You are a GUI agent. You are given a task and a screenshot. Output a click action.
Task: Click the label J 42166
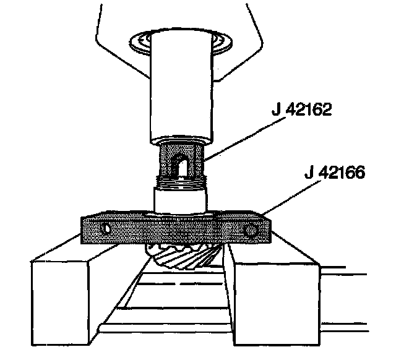point(335,172)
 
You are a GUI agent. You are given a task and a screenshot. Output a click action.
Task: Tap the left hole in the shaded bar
point(105,228)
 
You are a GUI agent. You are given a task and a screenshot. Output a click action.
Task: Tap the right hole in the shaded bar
point(250,229)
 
